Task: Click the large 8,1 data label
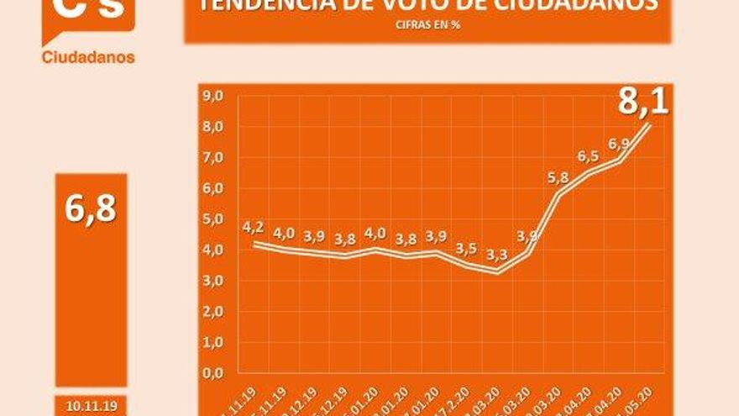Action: (642, 102)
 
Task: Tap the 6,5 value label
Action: (588, 156)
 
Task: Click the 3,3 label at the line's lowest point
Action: (496, 254)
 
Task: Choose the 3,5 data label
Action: (467, 248)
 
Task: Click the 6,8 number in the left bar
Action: (91, 209)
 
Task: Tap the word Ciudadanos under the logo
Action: (88, 58)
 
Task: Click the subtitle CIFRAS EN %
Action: (427, 25)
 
